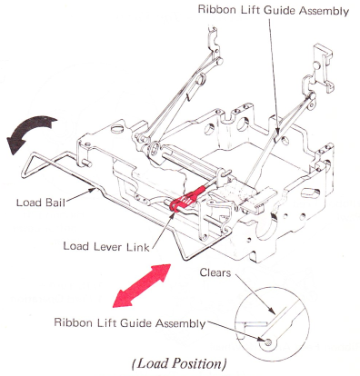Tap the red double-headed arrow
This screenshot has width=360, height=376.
142,286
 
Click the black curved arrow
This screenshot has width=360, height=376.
30,131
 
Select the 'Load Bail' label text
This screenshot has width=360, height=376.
41,203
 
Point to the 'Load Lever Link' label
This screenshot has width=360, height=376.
106,246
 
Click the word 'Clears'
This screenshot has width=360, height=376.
215,272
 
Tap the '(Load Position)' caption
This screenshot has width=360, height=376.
179,363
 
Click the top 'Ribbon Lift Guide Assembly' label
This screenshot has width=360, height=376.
274,10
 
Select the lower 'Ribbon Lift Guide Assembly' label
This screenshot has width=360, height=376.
130,322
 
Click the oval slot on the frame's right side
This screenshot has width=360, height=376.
311,192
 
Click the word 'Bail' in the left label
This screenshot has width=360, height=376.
55,203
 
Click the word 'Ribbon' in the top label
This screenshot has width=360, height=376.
217,10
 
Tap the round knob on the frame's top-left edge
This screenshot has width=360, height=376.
117,128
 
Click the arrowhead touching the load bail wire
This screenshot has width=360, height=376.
92,190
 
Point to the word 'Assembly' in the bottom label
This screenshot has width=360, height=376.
181,323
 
